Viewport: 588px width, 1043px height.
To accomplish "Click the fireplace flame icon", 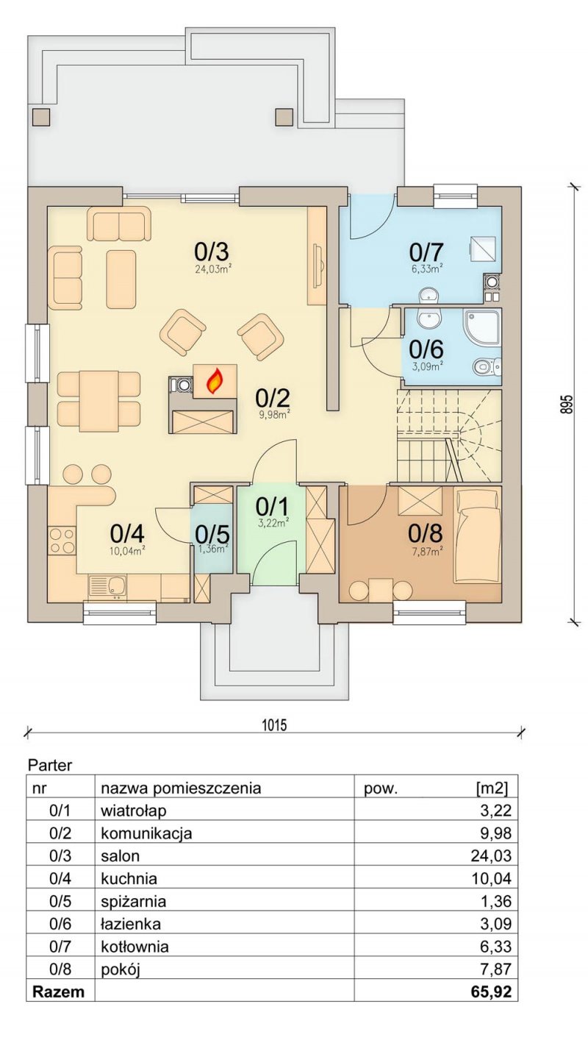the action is (x=215, y=381).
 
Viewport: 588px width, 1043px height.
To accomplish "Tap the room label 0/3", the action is (x=212, y=252).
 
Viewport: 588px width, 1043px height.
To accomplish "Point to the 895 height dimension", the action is (x=566, y=404).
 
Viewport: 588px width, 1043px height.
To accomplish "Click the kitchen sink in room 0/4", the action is (x=107, y=585).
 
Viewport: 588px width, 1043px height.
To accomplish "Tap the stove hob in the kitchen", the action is (x=61, y=539).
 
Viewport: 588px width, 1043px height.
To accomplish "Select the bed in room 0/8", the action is (x=477, y=535).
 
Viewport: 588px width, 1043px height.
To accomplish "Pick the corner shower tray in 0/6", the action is (x=482, y=328).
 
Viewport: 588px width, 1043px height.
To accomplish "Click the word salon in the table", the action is (x=121, y=856).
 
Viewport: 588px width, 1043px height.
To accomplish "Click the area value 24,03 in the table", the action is (x=491, y=856).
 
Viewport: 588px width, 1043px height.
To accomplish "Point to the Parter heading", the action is (x=50, y=765).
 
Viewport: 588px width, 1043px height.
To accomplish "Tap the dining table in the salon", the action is (x=98, y=401).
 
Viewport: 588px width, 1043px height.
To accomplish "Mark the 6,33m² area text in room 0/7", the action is (x=426, y=268).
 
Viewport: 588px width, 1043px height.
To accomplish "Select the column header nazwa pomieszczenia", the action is (x=181, y=789).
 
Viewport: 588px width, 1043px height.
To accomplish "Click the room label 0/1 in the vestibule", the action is (x=272, y=507).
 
